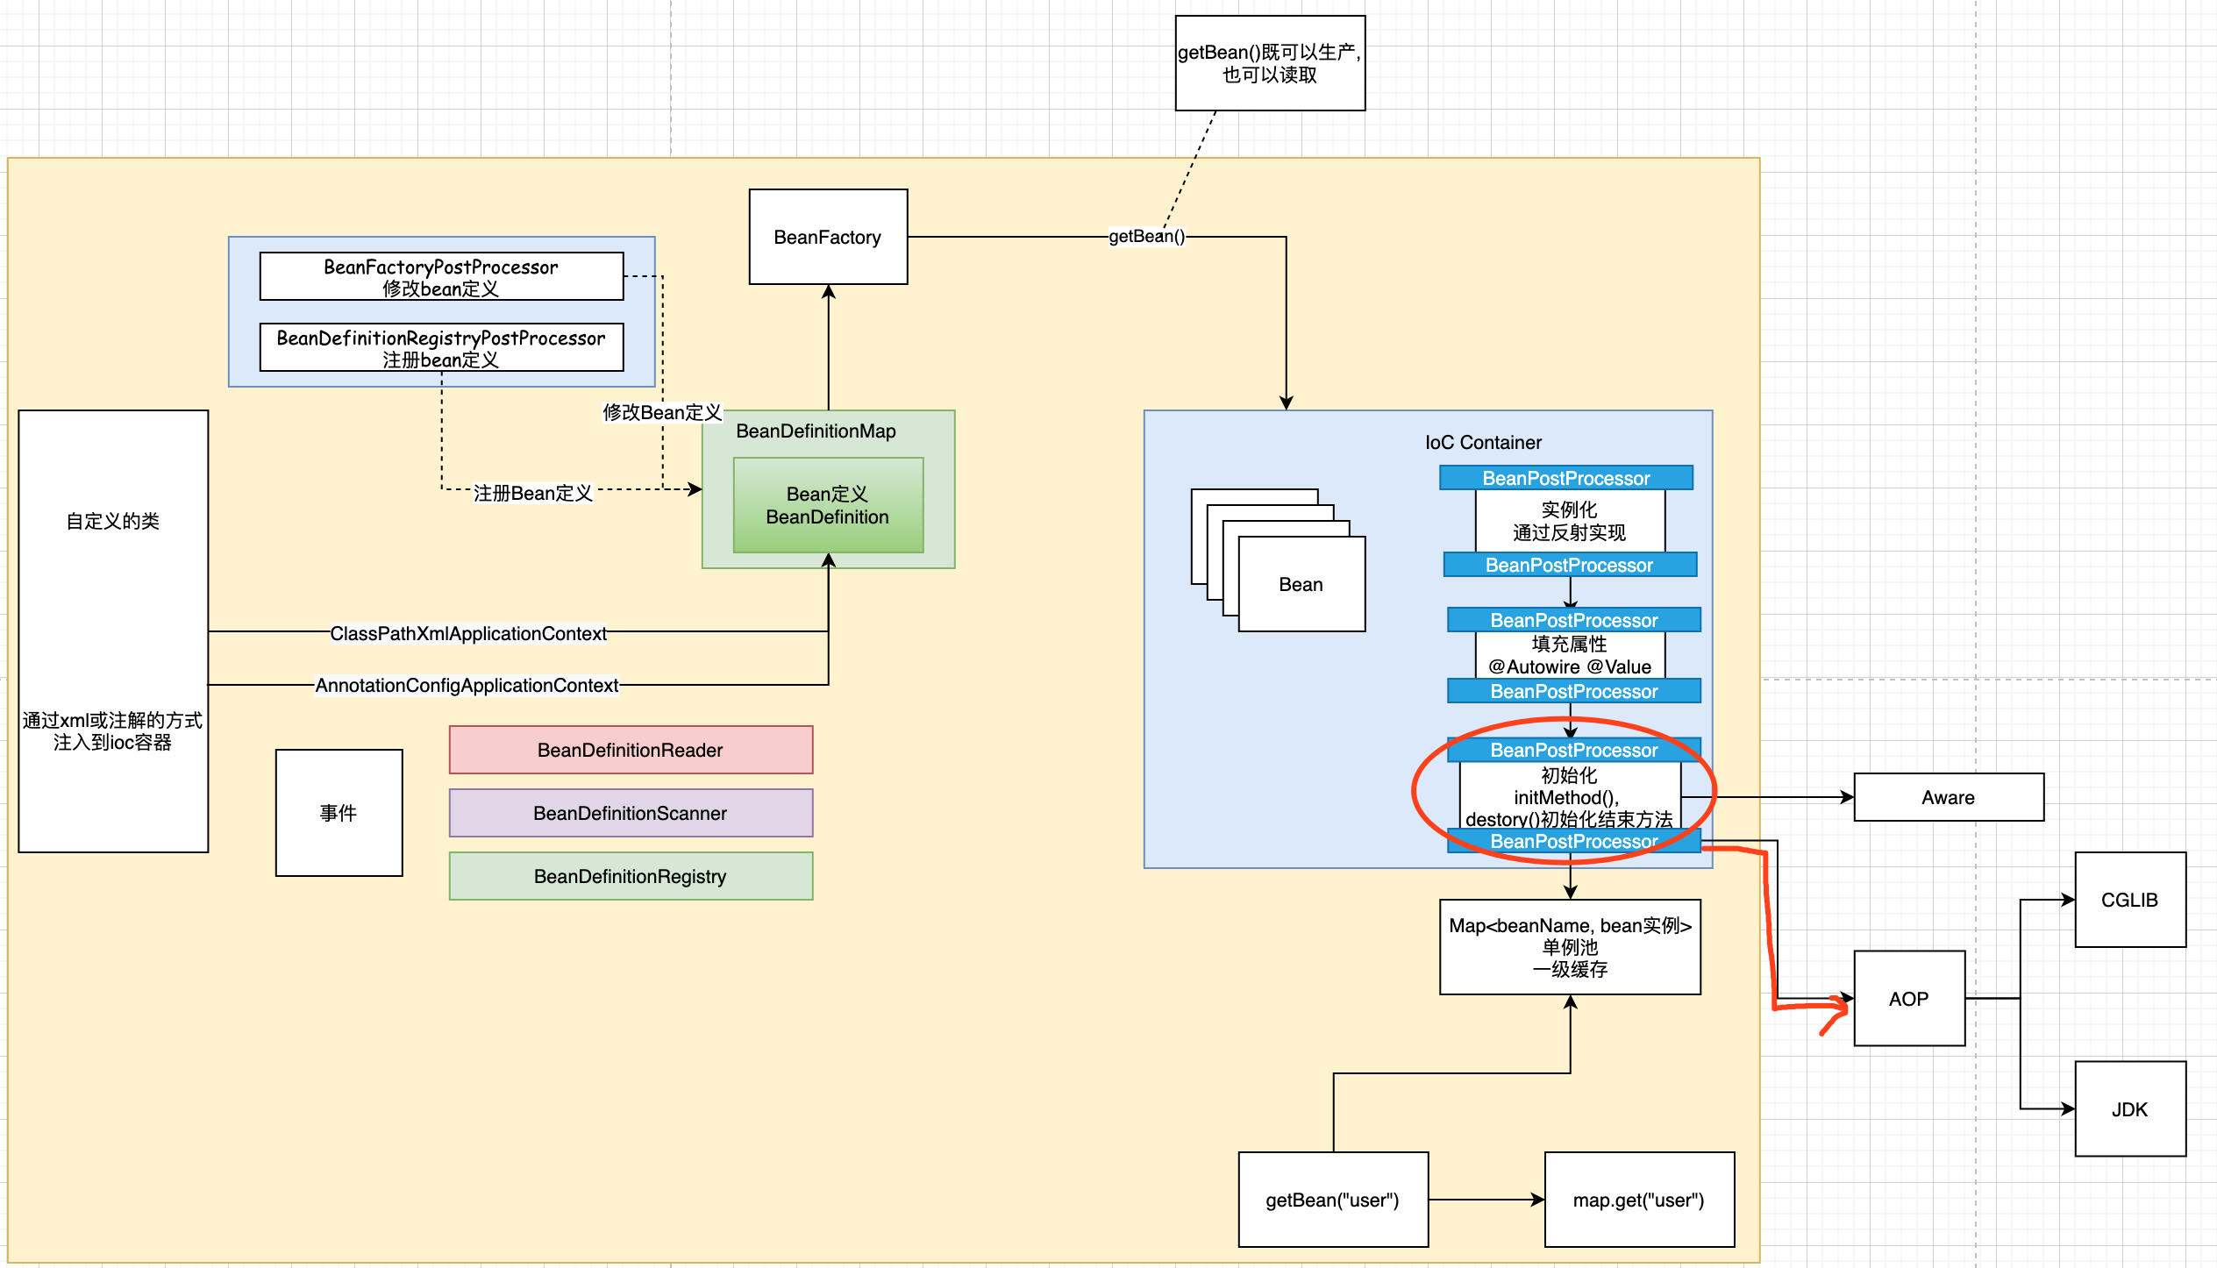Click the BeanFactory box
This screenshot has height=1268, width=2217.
click(828, 237)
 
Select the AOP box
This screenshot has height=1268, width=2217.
click(1908, 999)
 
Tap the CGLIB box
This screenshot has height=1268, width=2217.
click(2129, 900)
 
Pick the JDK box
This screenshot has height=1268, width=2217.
click(2129, 1109)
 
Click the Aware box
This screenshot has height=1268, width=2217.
click(1948, 797)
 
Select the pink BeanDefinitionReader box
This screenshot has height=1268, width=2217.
click(631, 750)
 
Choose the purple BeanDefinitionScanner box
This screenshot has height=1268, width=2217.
click(631, 813)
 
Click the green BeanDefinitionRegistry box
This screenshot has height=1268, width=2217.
click(631, 876)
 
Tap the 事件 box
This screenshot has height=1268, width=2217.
click(339, 813)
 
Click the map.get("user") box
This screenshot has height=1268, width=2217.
click(1639, 1200)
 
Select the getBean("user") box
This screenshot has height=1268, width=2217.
click(1333, 1200)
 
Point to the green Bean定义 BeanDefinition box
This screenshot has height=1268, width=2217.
click(828, 506)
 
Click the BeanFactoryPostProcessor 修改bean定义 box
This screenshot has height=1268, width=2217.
click(441, 277)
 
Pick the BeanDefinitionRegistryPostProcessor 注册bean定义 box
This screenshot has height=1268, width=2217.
click(441, 348)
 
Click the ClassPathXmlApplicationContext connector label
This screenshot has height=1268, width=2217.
click(468, 633)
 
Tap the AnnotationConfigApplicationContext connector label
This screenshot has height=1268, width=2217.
click(467, 685)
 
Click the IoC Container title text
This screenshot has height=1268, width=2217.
click(1483, 443)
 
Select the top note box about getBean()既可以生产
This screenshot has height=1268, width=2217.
click(1270, 63)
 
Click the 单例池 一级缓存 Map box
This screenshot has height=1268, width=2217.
click(1570, 947)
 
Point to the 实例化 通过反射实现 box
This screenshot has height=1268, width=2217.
click(1570, 521)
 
